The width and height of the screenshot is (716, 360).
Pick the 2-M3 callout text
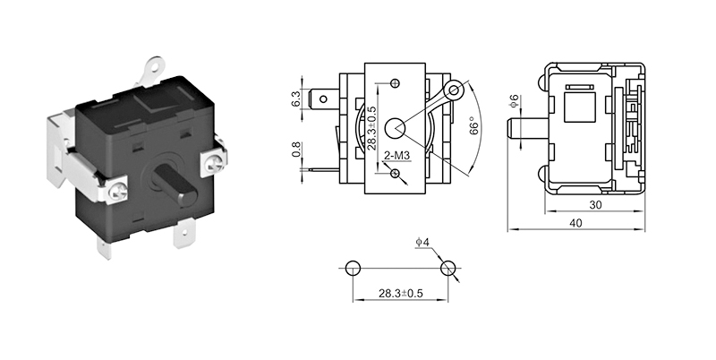[396, 156]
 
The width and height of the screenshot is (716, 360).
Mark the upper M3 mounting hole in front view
[394, 84]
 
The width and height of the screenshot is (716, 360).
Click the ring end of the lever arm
[456, 89]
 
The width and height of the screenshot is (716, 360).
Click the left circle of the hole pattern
[352, 268]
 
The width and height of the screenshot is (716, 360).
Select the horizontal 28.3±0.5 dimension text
[400, 292]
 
